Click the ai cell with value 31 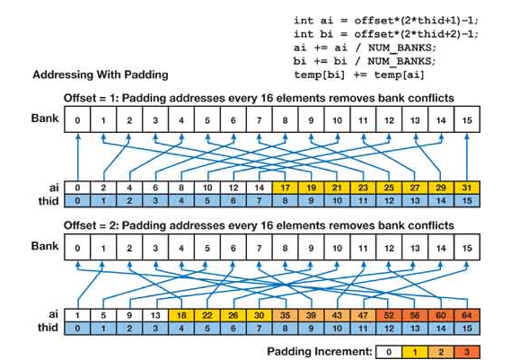coord(466,187)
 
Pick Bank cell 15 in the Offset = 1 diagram coord(466,119)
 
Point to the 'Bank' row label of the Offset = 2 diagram coord(45,244)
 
